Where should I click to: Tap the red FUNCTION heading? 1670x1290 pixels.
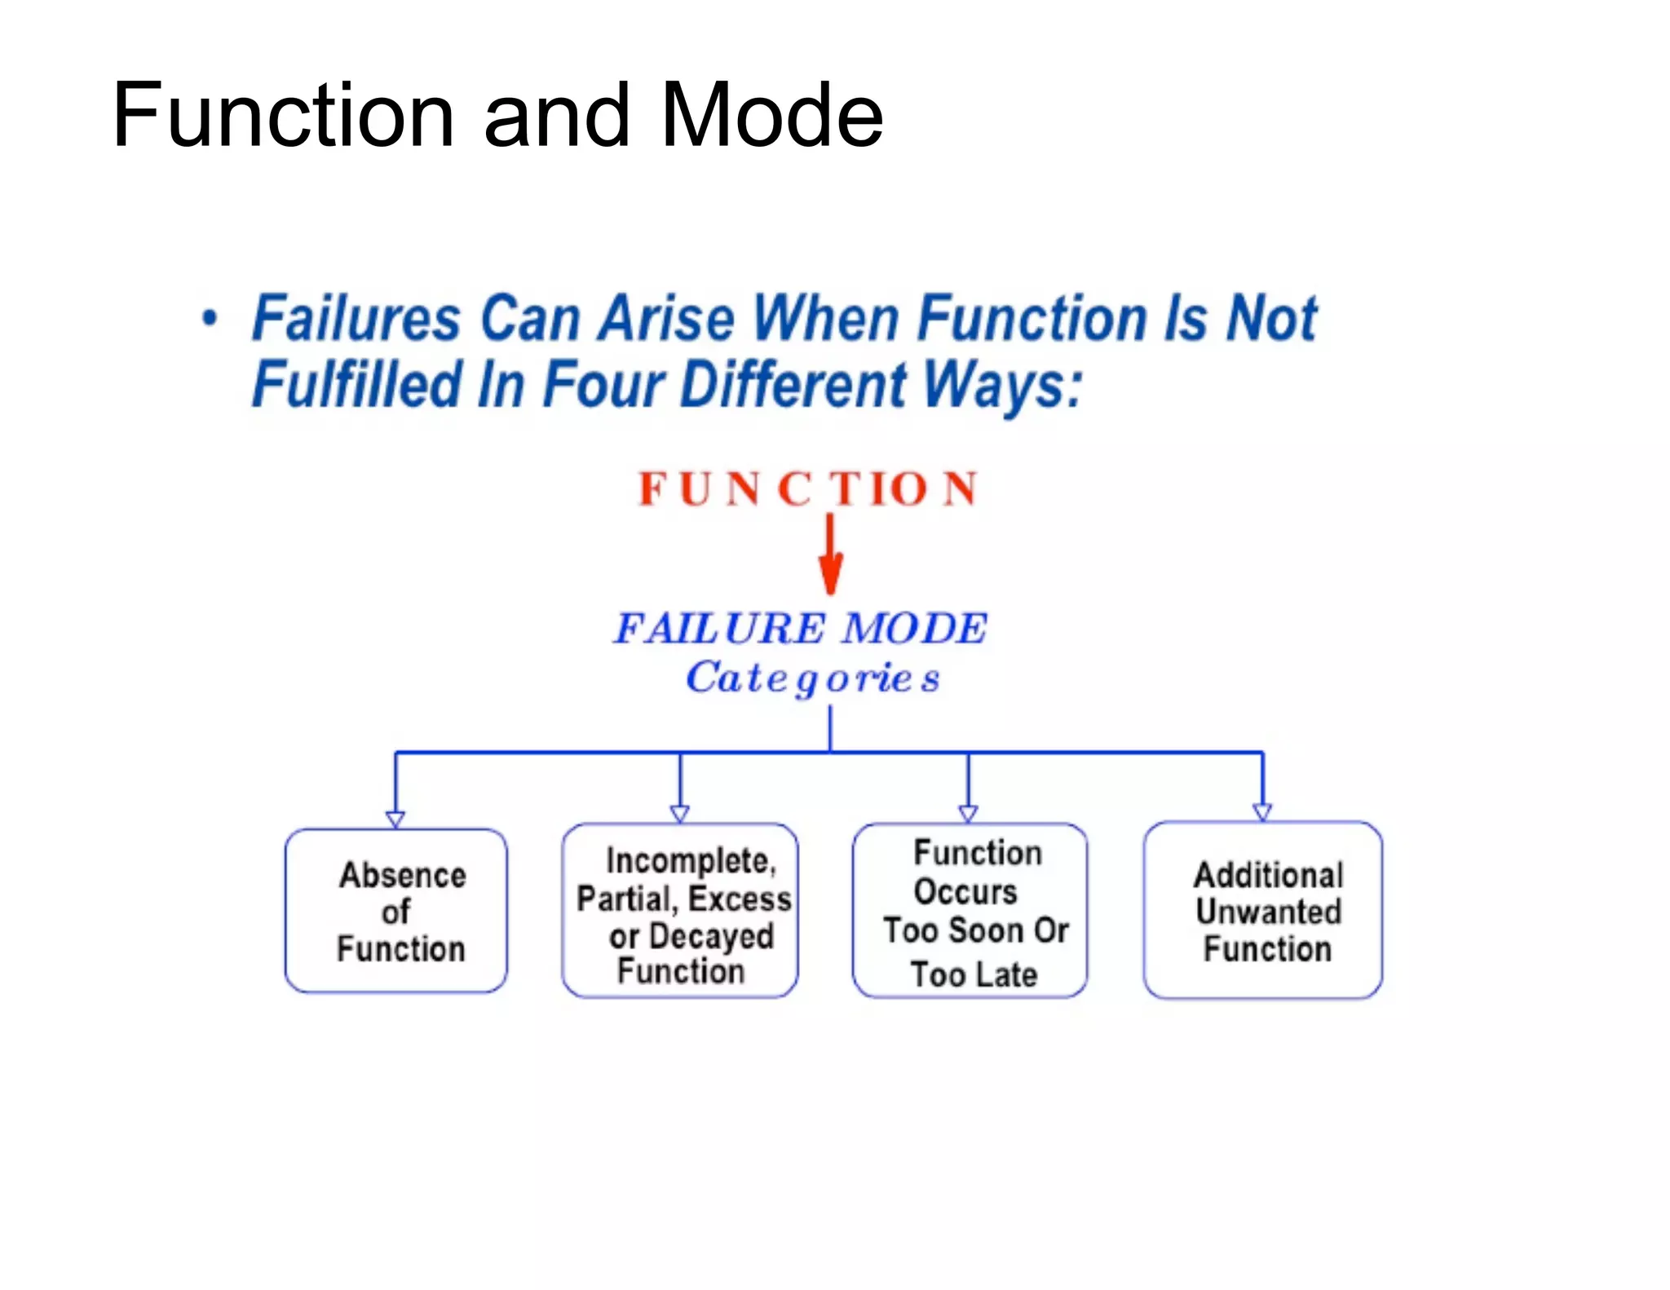[807, 489]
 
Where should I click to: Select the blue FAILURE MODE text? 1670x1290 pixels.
[800, 629]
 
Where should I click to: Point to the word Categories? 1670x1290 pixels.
[813, 678]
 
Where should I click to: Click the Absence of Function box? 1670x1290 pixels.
[396, 911]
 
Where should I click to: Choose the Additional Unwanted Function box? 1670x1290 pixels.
[1262, 911]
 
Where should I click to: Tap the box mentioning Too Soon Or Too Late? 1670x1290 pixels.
[970, 911]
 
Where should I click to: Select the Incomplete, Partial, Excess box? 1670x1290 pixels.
[680, 911]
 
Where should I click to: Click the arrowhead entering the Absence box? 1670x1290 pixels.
[395, 819]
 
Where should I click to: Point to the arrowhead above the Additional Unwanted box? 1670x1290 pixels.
[1262, 812]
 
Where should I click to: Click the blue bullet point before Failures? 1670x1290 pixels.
[210, 318]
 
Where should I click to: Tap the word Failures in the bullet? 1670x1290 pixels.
[356, 318]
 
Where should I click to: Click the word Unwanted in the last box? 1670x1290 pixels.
[1268, 912]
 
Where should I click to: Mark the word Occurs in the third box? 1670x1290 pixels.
[965, 891]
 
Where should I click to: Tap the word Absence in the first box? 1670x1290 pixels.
[403, 875]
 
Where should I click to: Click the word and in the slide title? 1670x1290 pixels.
[557, 116]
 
